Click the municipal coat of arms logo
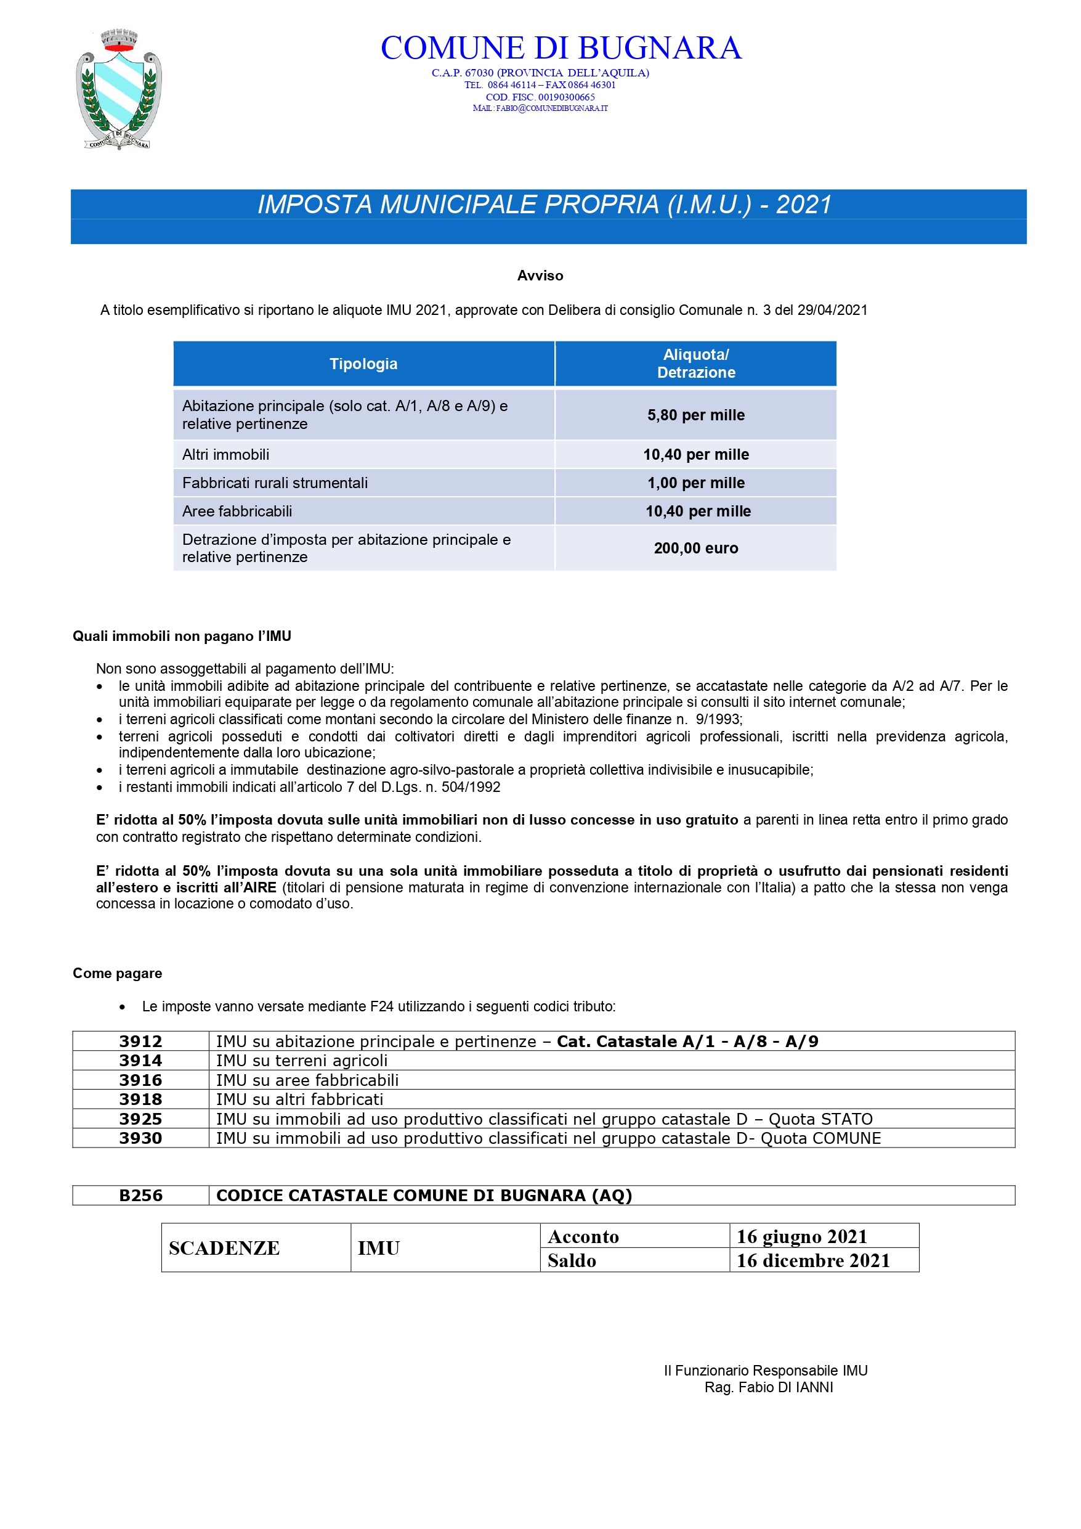pyautogui.click(x=118, y=90)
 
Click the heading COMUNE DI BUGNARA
pyautogui.click(x=561, y=48)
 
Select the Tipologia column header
pyautogui.click(x=363, y=364)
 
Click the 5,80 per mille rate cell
pyautogui.click(x=695, y=415)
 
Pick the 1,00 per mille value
pyautogui.click(x=695, y=483)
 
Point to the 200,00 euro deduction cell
pyautogui.click(x=695, y=548)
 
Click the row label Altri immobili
pyautogui.click(x=225, y=455)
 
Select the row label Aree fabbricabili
pyautogui.click(x=237, y=512)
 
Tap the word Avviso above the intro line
pyautogui.click(x=540, y=275)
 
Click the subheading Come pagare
pyautogui.click(x=117, y=973)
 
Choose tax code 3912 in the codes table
pyautogui.click(x=140, y=1042)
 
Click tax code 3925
pyautogui.click(x=140, y=1119)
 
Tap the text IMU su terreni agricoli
pyautogui.click(x=302, y=1061)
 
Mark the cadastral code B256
pyautogui.click(x=140, y=1196)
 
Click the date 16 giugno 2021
pyautogui.click(x=801, y=1237)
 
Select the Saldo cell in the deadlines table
pyautogui.click(x=572, y=1261)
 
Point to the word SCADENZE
pyautogui.click(x=224, y=1248)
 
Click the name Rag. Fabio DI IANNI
pyautogui.click(x=768, y=1387)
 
